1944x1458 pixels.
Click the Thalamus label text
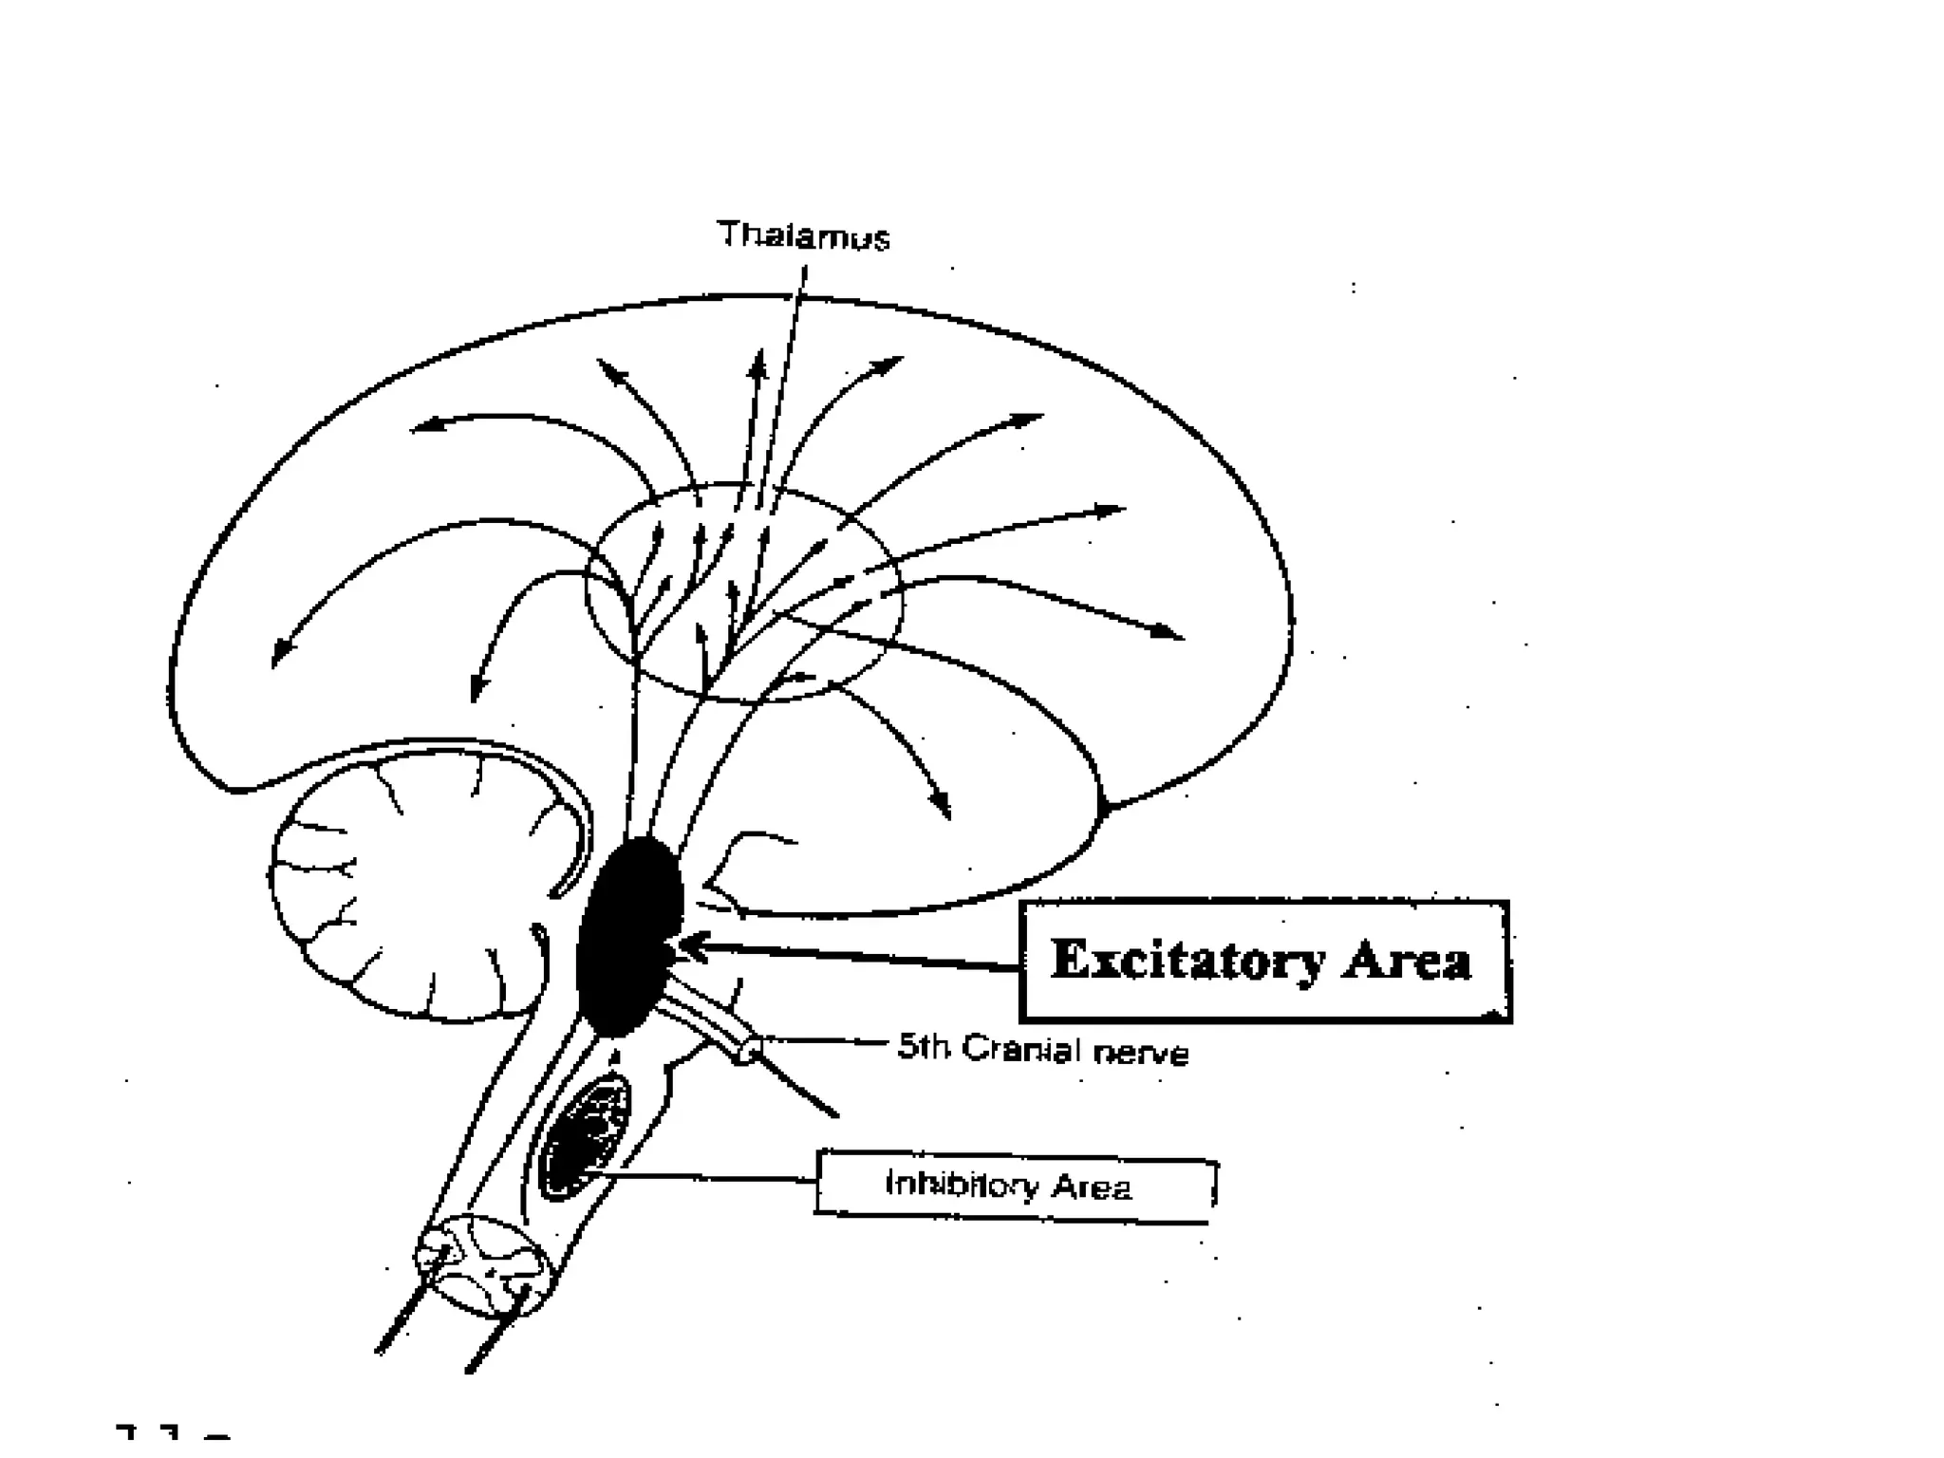click(x=803, y=235)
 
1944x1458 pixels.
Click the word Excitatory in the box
click(x=1187, y=960)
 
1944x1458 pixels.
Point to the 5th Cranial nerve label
click(x=1042, y=1050)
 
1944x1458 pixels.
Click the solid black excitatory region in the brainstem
click(x=628, y=935)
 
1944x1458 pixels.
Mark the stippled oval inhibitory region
click(x=585, y=1136)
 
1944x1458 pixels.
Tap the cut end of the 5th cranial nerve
click(x=749, y=1049)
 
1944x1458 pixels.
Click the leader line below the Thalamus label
click(x=788, y=380)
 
